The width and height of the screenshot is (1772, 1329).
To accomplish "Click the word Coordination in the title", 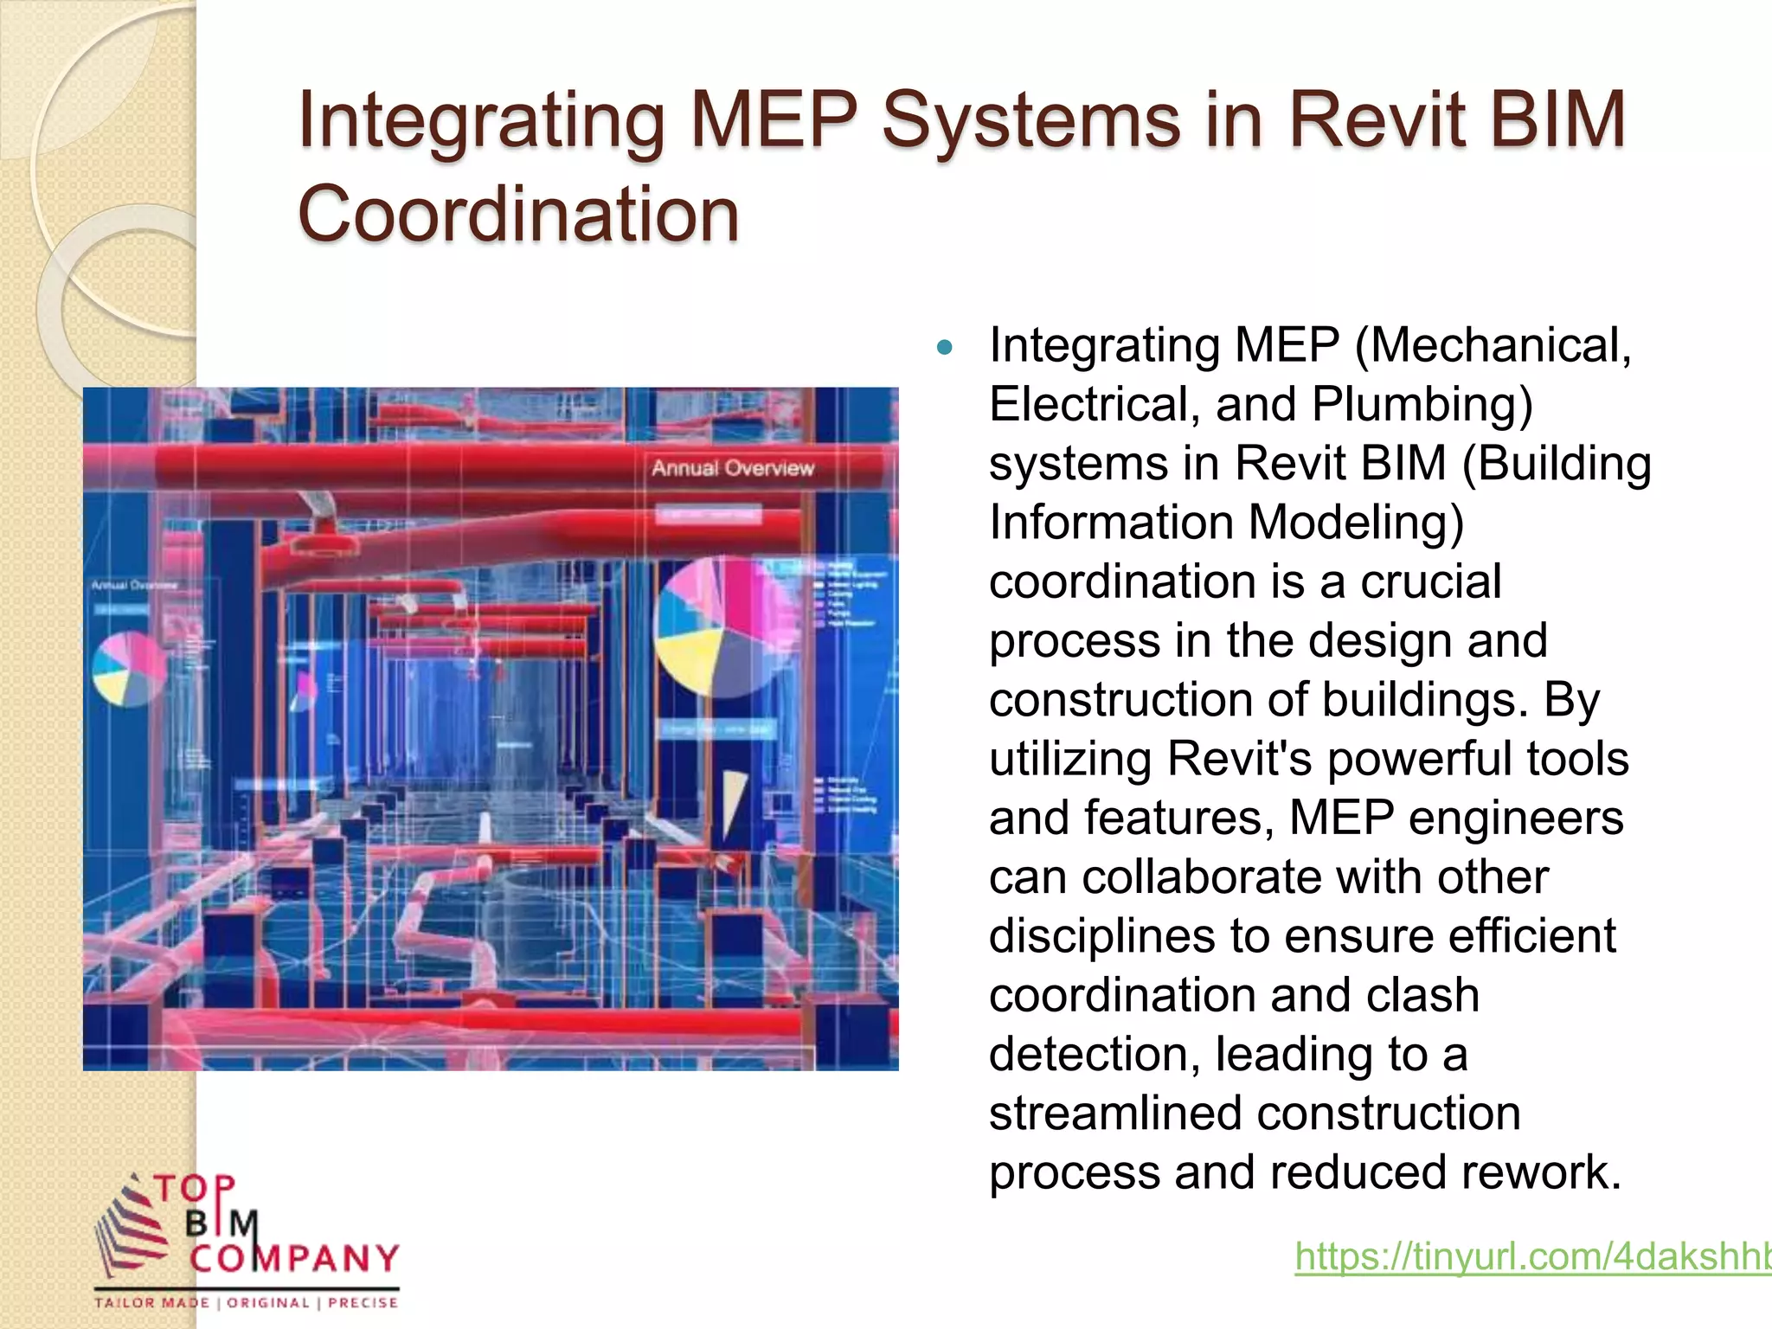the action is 518,214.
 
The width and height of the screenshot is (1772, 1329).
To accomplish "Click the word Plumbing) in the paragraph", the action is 1422,404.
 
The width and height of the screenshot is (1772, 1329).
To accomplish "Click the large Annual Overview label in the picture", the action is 733,468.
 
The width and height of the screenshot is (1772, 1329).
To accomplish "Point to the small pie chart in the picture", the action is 129,669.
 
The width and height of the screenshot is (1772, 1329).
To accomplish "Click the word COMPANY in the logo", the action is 295,1258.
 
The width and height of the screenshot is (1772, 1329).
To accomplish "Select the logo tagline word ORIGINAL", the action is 268,1303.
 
